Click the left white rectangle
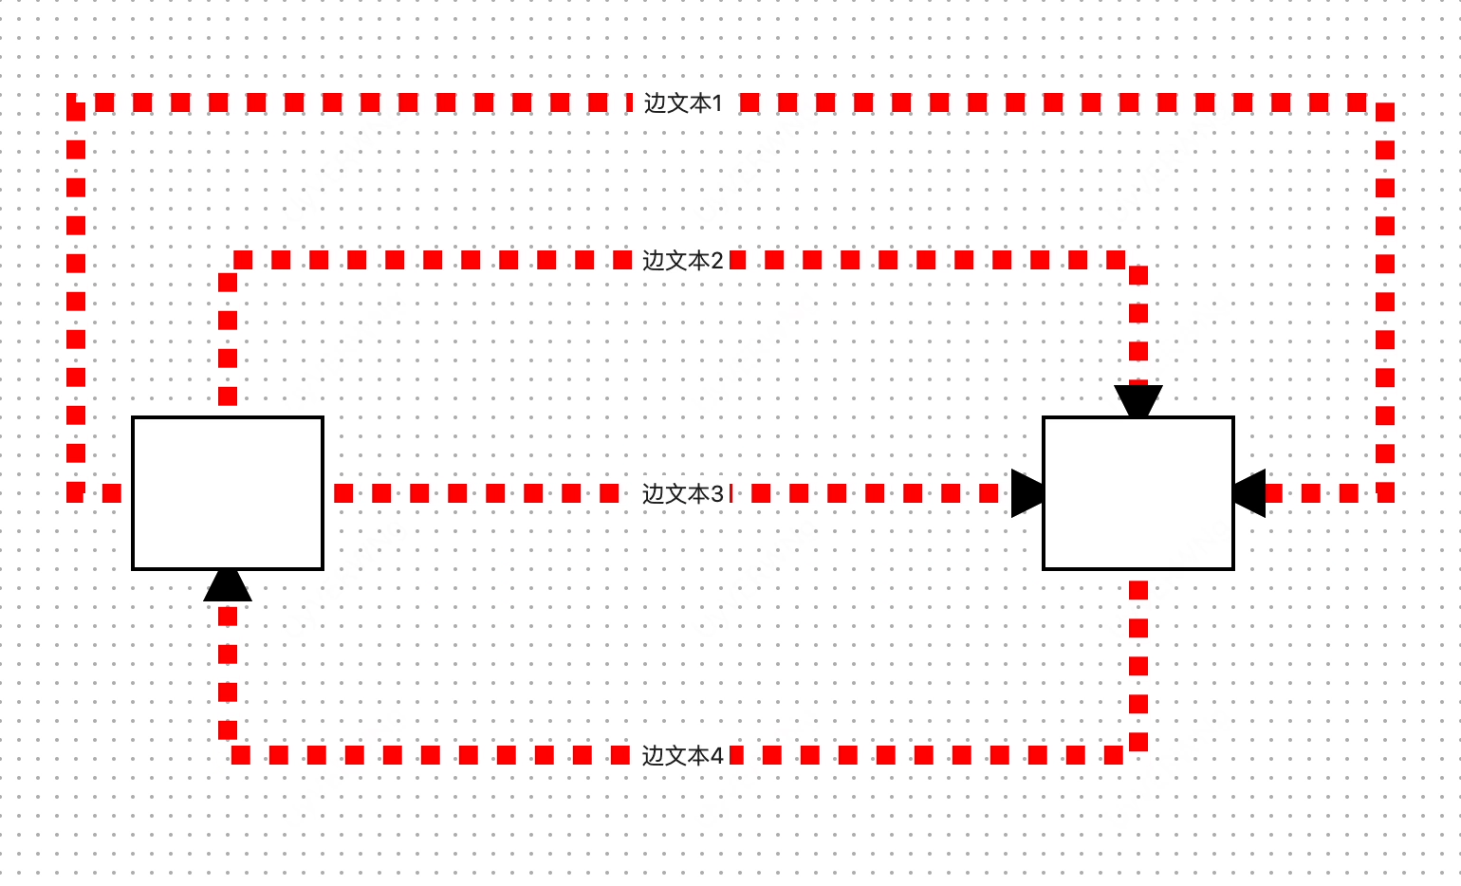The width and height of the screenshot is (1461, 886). (228, 493)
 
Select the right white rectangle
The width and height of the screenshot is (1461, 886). (1138, 493)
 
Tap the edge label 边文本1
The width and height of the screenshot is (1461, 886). (683, 103)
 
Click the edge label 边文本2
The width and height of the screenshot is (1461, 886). (683, 261)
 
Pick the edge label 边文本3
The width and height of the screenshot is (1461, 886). (683, 494)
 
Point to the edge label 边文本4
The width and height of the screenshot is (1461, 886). (683, 756)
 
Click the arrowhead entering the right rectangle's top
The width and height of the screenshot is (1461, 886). (1138, 401)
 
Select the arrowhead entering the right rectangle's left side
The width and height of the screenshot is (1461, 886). (1027, 493)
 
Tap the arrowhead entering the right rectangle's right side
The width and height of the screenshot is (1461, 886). (1249, 493)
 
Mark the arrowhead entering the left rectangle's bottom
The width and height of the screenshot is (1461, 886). (228, 585)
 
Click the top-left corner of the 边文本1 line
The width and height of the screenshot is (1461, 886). (76, 102)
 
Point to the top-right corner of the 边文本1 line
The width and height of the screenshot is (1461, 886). (1385, 102)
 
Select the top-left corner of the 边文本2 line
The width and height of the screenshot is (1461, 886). (228, 260)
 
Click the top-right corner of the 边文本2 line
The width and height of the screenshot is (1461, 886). (1138, 260)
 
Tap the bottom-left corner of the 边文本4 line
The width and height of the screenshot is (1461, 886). (228, 755)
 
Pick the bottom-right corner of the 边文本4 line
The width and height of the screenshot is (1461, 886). (1138, 755)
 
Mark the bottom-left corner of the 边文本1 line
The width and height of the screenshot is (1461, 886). (76, 493)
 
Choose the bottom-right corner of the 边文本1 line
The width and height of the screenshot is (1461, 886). (1385, 493)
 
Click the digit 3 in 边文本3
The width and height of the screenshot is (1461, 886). (717, 494)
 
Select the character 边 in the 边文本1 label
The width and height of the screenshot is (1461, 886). (656, 103)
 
